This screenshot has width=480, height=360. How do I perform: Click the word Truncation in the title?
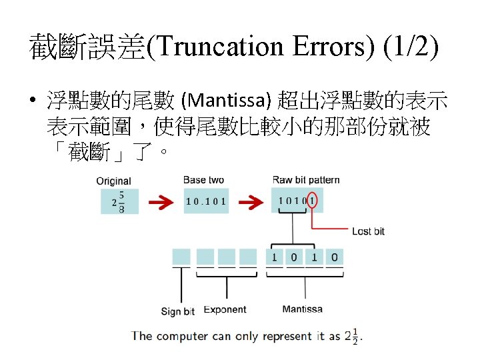pos(221,47)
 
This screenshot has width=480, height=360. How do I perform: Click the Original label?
pos(113,181)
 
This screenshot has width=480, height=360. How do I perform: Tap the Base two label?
pos(204,180)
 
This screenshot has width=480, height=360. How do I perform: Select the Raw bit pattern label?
pos(306,180)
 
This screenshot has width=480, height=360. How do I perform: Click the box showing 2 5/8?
pos(119,201)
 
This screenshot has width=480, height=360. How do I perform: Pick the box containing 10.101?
pos(206,201)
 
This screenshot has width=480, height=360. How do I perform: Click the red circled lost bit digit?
pos(313,201)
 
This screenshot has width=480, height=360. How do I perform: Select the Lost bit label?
pos(368,231)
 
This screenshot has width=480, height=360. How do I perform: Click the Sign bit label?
pos(178,311)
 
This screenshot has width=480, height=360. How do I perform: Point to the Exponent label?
pos(225,309)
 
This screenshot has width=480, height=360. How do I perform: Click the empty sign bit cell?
pos(181,257)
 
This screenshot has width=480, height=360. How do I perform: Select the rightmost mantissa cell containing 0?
pos(334,257)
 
